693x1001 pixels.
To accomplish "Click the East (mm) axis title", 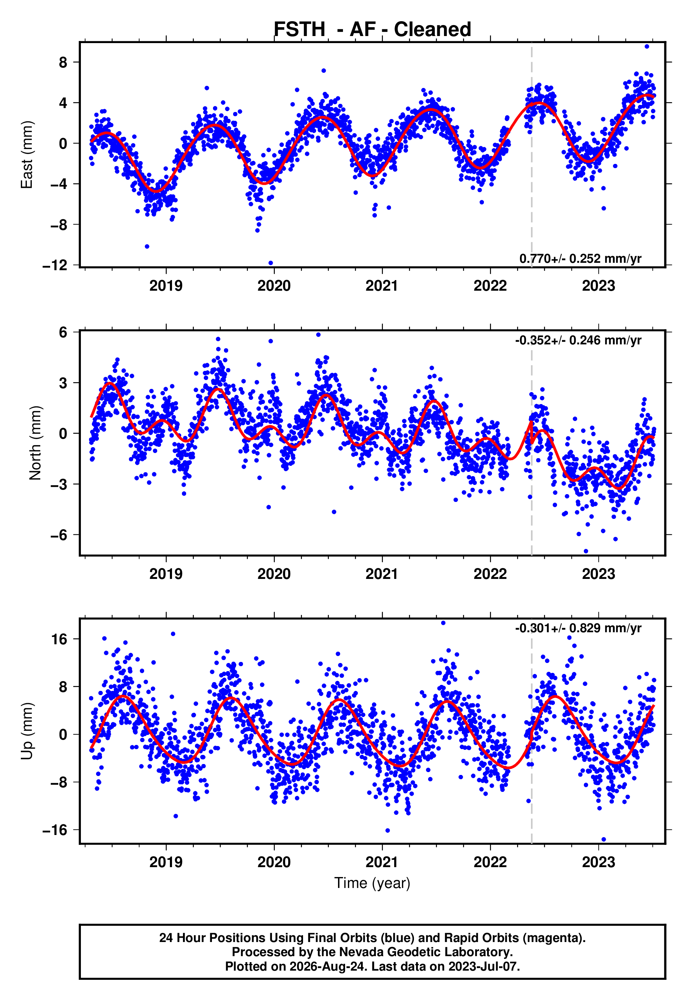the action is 27,155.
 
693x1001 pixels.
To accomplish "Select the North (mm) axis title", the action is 35,443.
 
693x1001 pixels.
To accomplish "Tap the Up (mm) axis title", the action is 27,731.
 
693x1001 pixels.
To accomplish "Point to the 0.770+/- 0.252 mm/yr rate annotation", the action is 580,258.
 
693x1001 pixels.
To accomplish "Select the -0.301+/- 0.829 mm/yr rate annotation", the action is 578,628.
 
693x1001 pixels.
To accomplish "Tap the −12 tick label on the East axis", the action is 55,265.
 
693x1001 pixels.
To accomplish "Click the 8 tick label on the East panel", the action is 63,62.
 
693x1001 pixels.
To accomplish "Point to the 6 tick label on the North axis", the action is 63,332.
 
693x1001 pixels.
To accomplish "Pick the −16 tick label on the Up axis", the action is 55,830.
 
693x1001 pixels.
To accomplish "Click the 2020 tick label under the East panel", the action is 274,286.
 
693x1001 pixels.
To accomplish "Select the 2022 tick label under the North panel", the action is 490,574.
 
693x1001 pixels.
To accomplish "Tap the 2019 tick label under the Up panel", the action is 166,862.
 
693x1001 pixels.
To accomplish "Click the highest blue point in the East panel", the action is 646,46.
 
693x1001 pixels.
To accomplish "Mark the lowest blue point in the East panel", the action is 271,263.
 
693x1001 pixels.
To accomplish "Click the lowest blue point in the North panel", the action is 586,551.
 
